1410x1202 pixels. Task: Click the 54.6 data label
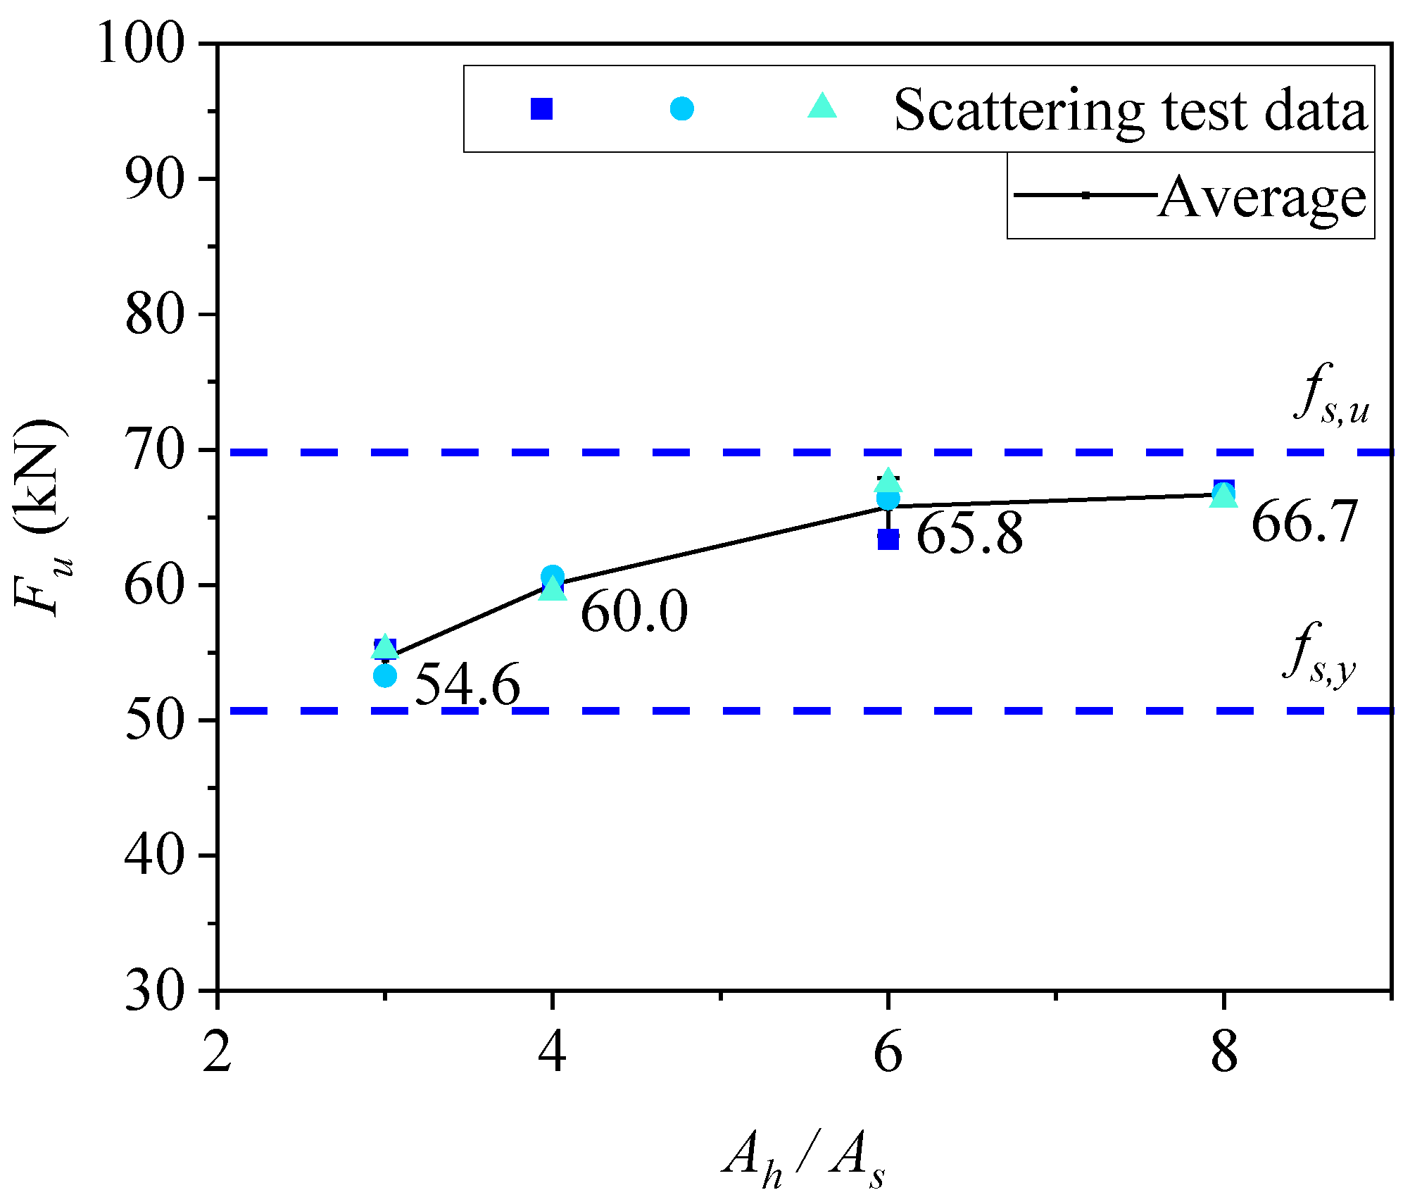pos(467,684)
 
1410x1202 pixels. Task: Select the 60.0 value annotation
pos(634,611)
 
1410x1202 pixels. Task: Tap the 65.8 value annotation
pos(969,534)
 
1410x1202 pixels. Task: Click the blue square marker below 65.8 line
pos(888,539)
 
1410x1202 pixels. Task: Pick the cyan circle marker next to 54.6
pos(385,676)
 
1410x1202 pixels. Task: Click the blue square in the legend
pos(541,109)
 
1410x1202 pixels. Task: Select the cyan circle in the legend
pos(681,109)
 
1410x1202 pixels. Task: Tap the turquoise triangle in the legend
pos(822,108)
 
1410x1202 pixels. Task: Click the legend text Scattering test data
pos(1130,111)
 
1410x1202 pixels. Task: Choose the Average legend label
pos(1261,198)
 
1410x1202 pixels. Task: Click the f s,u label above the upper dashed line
pos(1331,395)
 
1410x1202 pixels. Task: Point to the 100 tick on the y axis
pos(141,44)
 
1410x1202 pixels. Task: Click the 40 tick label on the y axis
pos(155,856)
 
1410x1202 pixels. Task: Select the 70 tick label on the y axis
pos(155,450)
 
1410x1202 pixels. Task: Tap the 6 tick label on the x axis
pos(888,1053)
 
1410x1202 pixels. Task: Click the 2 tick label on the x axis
pos(217,1053)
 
